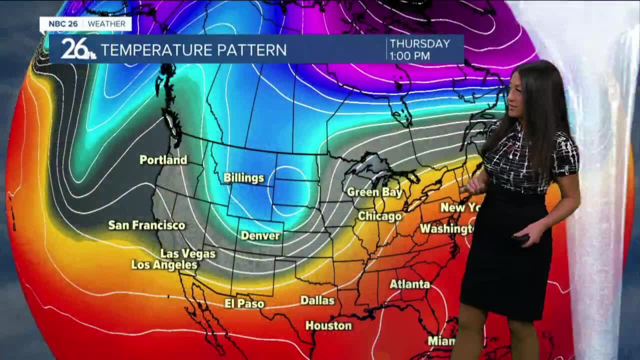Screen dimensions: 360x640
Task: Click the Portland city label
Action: (x=163, y=160)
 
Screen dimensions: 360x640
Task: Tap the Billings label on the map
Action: (x=243, y=178)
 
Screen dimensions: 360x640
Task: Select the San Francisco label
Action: (x=146, y=225)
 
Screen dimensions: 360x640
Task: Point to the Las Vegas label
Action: (x=187, y=254)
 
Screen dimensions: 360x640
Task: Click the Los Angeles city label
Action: (x=164, y=265)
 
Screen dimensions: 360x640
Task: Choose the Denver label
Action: (x=260, y=235)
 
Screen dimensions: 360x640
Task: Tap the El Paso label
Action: (x=244, y=303)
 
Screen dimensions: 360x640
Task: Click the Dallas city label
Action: (x=317, y=300)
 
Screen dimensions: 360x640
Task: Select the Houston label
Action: (x=328, y=326)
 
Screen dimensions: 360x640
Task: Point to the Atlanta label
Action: (x=409, y=284)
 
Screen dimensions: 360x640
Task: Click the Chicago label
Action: (x=379, y=216)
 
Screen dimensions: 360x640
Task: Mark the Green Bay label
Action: (x=374, y=192)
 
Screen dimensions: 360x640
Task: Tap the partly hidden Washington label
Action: (x=446, y=229)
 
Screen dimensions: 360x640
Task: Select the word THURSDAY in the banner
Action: (x=419, y=44)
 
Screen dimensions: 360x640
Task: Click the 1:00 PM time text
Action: (x=409, y=56)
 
